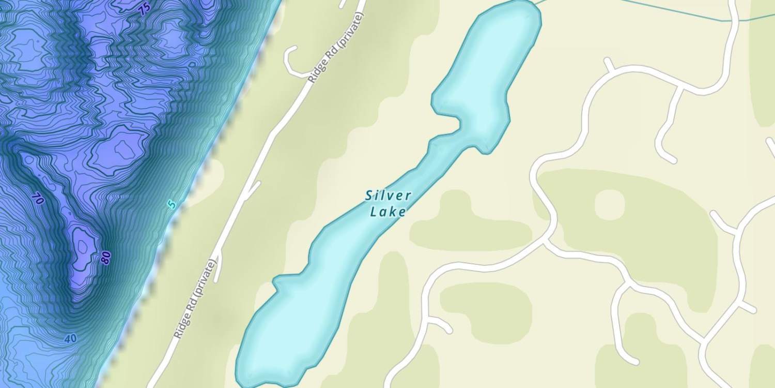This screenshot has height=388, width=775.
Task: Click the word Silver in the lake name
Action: [388, 196]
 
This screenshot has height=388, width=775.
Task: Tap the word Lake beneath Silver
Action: [388, 211]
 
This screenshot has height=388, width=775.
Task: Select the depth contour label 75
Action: [144, 9]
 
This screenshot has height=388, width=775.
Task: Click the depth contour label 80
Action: [106, 258]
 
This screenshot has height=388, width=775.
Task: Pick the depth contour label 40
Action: [71, 339]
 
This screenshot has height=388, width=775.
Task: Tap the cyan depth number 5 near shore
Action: [172, 204]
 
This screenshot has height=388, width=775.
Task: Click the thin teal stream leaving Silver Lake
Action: [646, 9]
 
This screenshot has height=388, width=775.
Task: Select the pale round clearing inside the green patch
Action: [610, 204]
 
